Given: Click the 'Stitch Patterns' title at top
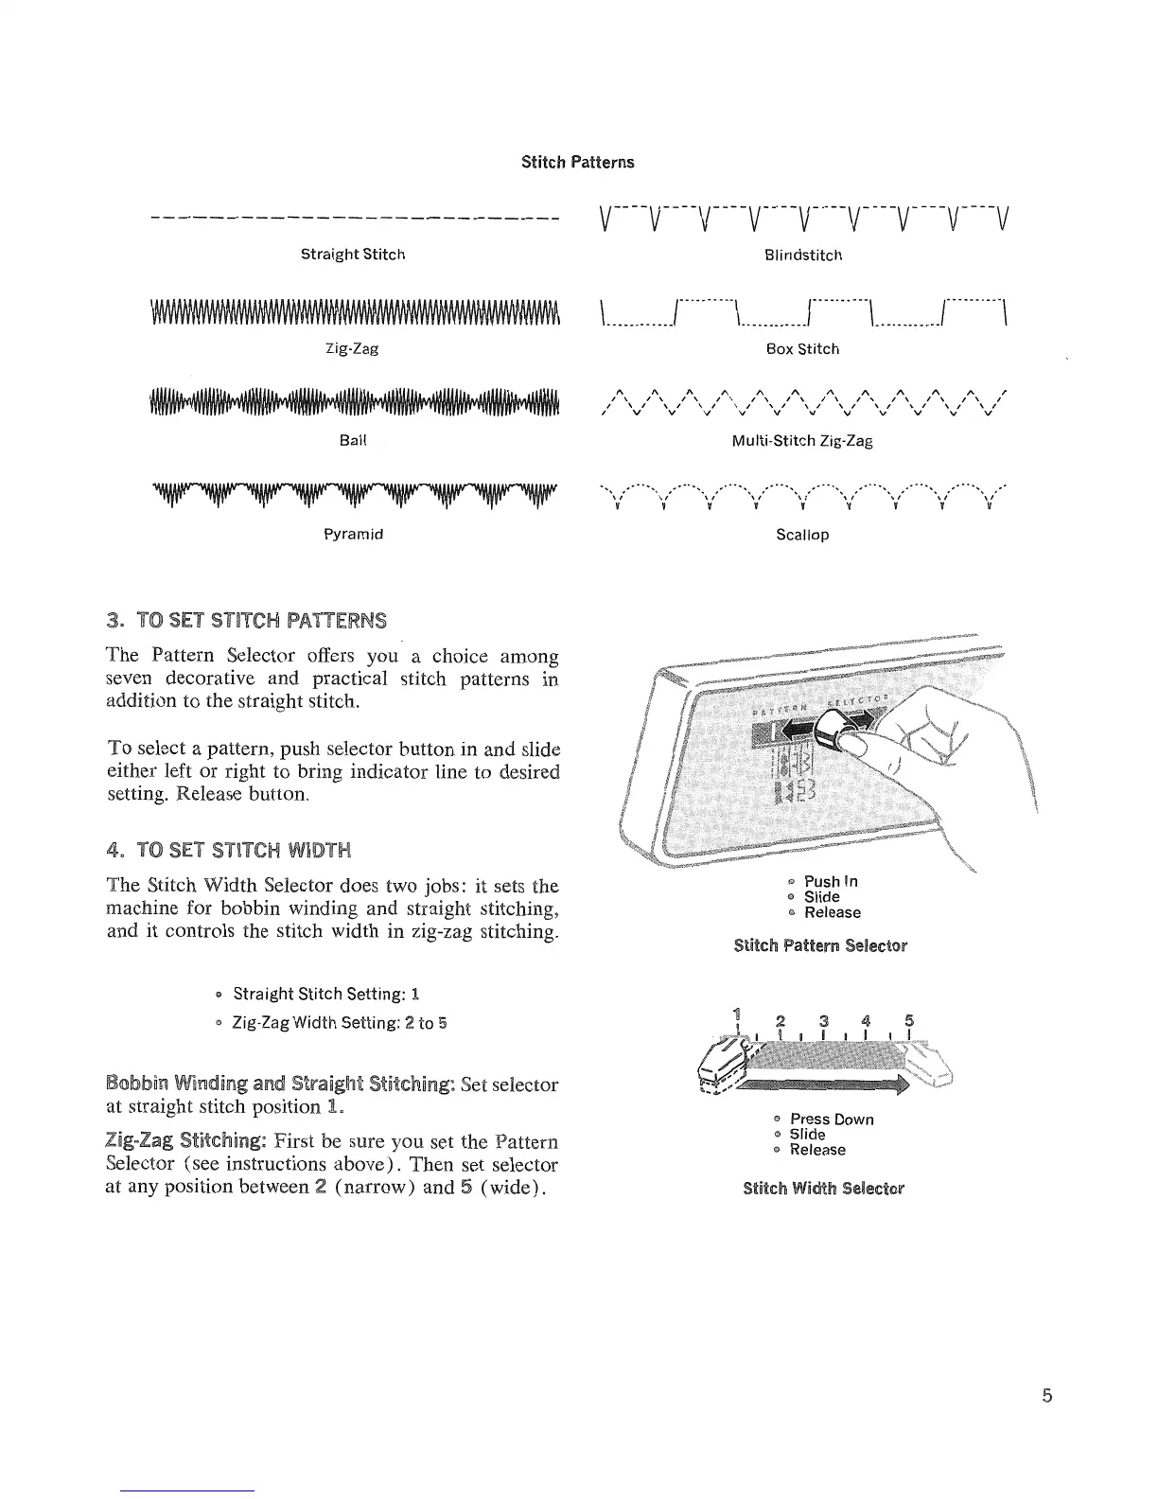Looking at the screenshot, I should pyautogui.click(x=577, y=162).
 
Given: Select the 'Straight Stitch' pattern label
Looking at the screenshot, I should pyautogui.click(x=353, y=255).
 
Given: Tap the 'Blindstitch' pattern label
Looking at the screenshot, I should pyautogui.click(x=802, y=256).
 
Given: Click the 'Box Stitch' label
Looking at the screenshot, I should pyautogui.click(x=802, y=349).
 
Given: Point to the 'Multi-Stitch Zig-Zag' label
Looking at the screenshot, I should pyautogui.click(x=802, y=441).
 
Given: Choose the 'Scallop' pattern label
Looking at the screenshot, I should pyautogui.click(x=802, y=535).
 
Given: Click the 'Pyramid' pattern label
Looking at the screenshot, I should pyautogui.click(x=353, y=534).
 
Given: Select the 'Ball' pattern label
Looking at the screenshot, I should pyautogui.click(x=353, y=441).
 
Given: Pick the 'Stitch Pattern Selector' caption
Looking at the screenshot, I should pyautogui.click(x=820, y=945).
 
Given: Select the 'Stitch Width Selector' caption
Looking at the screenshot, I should pyautogui.click(x=823, y=1188).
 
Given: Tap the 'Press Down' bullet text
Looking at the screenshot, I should pyautogui.click(x=832, y=1120).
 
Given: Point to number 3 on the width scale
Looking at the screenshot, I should pyautogui.click(x=824, y=1020).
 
